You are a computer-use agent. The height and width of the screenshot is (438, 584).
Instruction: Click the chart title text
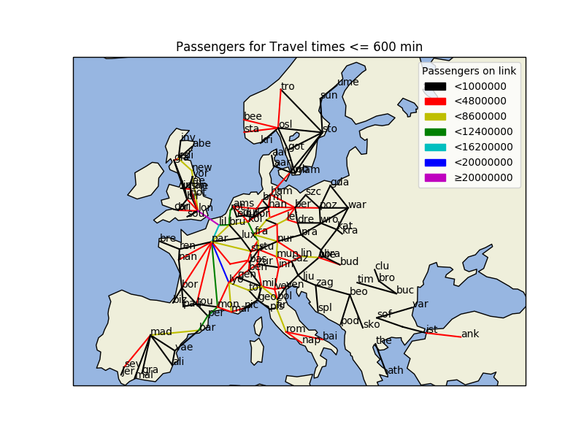[x=299, y=47]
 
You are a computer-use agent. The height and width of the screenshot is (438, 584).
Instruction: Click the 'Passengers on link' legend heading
[x=469, y=71]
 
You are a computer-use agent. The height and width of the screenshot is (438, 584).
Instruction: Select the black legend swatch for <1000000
[x=435, y=86]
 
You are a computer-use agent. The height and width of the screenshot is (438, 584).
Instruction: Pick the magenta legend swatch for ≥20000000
[x=435, y=177]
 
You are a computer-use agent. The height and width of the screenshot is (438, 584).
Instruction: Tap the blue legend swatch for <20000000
[x=435, y=162]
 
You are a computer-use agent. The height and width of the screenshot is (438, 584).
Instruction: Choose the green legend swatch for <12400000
[x=435, y=131]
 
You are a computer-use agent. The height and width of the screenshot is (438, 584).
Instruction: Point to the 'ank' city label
[x=470, y=334]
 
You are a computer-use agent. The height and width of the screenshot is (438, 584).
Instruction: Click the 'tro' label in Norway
[x=288, y=86]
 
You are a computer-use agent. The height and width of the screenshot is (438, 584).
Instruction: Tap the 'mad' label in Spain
[x=161, y=332]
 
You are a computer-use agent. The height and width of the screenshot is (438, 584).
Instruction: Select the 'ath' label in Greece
[x=395, y=370]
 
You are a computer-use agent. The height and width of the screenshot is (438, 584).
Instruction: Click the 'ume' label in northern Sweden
[x=347, y=82]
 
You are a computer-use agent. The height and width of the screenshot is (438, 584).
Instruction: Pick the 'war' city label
[x=357, y=204]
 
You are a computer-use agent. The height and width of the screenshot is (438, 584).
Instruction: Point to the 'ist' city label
[x=431, y=329]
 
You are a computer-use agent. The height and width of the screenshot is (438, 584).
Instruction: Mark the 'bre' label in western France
[x=168, y=239]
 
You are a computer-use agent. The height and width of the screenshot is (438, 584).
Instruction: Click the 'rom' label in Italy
[x=296, y=329]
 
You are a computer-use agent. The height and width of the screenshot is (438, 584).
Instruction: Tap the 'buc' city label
[x=405, y=290]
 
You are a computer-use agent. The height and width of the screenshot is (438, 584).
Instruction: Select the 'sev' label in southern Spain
[x=131, y=364]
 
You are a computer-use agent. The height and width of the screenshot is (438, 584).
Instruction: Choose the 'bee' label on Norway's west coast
[x=253, y=116]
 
